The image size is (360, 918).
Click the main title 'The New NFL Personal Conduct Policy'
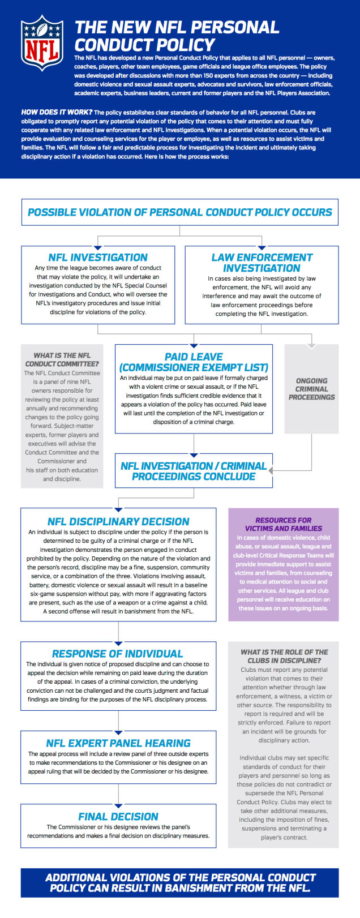click(x=177, y=36)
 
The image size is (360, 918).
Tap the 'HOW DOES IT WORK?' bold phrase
click(x=57, y=113)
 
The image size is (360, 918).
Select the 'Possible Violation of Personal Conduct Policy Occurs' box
click(x=179, y=212)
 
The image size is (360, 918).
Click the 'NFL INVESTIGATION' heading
click(x=98, y=257)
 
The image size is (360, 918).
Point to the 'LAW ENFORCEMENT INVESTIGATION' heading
click(x=262, y=263)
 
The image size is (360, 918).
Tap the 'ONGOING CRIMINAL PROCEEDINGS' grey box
click(x=311, y=389)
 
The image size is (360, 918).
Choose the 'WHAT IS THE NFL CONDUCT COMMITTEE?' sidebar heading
click(x=62, y=359)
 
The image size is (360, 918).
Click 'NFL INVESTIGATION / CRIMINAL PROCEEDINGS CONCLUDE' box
click(x=194, y=471)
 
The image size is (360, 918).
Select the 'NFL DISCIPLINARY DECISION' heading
click(x=118, y=521)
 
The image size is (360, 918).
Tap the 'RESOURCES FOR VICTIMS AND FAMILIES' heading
click(x=283, y=524)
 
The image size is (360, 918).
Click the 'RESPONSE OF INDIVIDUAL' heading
click(x=118, y=654)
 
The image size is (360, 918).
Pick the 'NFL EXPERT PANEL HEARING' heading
click(x=118, y=743)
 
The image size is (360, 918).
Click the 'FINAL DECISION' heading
click(x=118, y=816)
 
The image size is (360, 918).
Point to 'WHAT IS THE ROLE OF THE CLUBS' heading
click(x=284, y=656)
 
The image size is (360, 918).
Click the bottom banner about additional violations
click(x=179, y=882)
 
